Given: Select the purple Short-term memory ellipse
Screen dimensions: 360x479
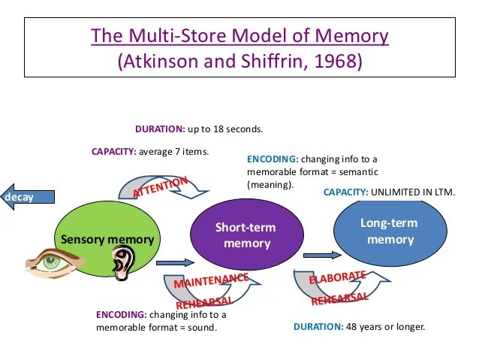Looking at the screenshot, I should pyautogui.click(x=246, y=234).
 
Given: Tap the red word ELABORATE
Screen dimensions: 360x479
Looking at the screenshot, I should pyautogui.click(x=337, y=276).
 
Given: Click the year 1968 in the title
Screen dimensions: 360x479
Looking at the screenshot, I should pyautogui.click(x=336, y=62).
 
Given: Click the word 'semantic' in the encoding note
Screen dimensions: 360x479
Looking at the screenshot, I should pyautogui.click(x=356, y=171).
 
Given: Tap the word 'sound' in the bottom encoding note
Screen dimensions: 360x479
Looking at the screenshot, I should pyautogui.click(x=203, y=328).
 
